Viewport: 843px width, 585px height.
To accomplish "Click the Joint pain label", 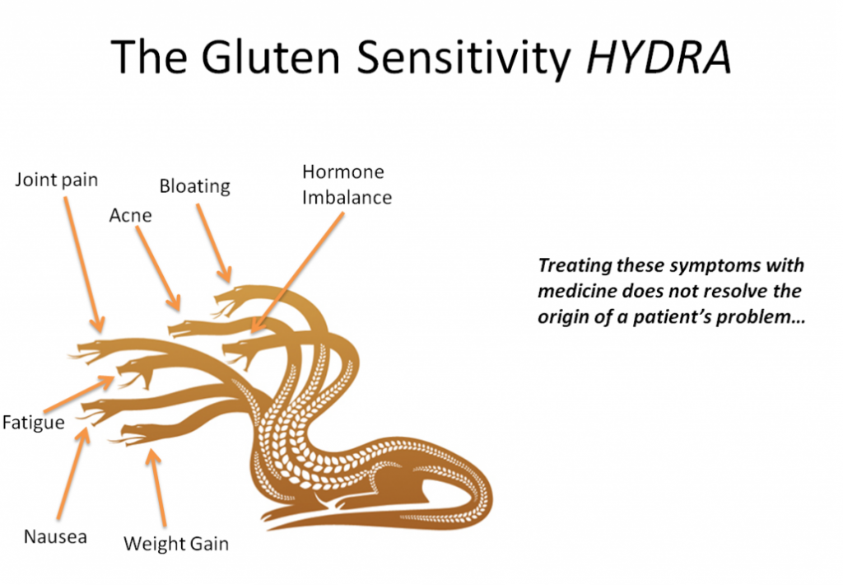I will [56, 180].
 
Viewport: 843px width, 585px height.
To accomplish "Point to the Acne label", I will [131, 215].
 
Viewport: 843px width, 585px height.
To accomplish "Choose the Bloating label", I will [194, 186].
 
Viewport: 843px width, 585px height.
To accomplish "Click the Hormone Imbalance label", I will [346, 185].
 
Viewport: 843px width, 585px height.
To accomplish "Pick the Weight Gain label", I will [175, 544].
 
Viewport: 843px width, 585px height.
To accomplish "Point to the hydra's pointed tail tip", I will [272, 518].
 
